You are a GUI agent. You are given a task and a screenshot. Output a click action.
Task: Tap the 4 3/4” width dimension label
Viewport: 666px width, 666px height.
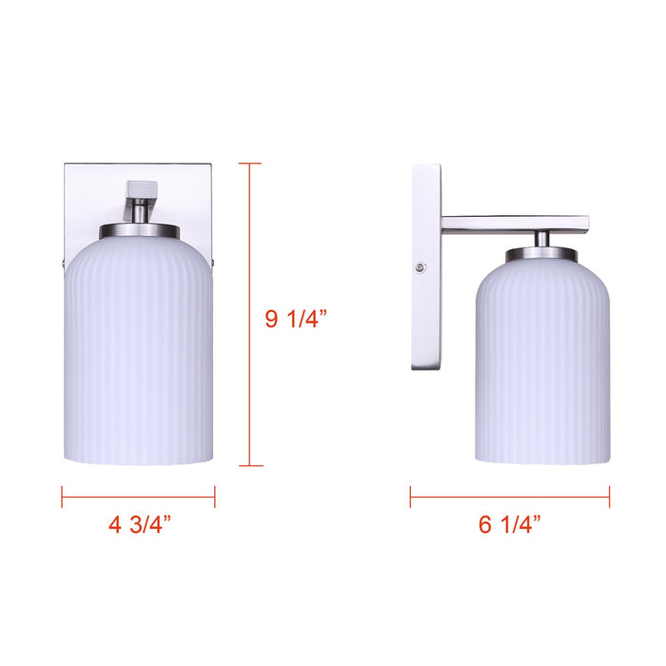[x=139, y=525]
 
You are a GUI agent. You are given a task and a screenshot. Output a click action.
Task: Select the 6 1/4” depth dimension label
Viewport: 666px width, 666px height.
[x=510, y=524]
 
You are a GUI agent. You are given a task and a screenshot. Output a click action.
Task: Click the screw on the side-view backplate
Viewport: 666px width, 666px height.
[x=420, y=267]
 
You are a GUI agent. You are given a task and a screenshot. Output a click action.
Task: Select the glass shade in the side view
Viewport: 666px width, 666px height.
[x=541, y=362]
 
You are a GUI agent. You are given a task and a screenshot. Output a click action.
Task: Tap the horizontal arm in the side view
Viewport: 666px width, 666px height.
[x=514, y=224]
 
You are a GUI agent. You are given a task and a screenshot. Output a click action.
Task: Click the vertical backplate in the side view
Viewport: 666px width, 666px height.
[x=425, y=266]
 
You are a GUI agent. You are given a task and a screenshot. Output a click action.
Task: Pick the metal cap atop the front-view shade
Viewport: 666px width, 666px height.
[x=139, y=231]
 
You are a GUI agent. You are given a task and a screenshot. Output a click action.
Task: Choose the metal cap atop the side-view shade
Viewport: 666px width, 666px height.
[x=541, y=255]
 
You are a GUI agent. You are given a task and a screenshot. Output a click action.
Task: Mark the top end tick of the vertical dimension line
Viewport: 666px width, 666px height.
[x=249, y=164]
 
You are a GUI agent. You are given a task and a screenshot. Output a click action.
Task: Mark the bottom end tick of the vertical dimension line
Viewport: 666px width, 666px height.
[x=249, y=465]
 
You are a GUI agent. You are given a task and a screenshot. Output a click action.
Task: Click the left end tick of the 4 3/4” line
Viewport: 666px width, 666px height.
[x=63, y=496]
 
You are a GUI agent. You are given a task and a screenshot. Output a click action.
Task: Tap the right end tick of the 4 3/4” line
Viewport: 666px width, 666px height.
[x=215, y=496]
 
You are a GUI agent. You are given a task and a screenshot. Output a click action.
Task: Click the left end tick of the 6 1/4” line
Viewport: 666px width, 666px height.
[x=411, y=496]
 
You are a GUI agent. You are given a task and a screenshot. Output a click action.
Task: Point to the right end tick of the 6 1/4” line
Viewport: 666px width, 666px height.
[x=609, y=496]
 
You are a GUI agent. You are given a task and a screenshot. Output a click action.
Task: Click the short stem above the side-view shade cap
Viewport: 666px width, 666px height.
[x=541, y=240]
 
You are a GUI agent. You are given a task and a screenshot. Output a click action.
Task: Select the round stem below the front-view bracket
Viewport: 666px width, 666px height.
[x=140, y=213]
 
